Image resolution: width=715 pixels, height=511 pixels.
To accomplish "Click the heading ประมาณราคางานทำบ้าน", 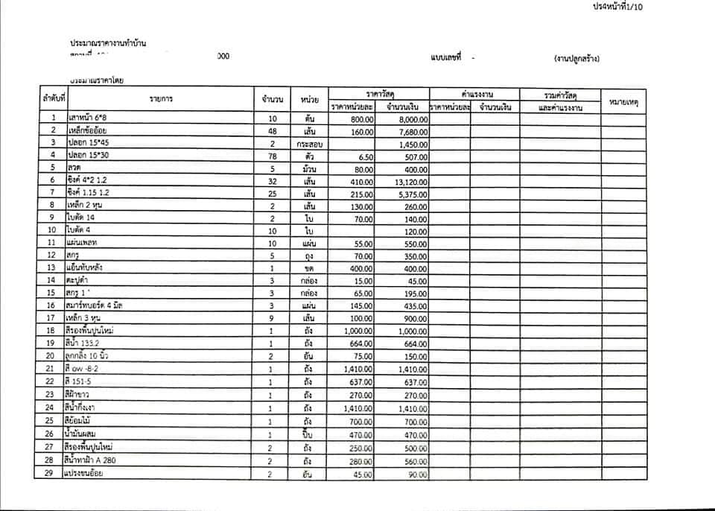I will click(109, 43).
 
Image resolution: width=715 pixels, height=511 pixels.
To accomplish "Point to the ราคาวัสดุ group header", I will click(380, 94).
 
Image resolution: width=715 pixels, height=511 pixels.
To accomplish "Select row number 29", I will click(52, 475).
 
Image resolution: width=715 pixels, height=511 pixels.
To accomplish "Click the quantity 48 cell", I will click(272, 131).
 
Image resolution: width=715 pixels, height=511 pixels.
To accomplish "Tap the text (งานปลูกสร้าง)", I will click(576, 58).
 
